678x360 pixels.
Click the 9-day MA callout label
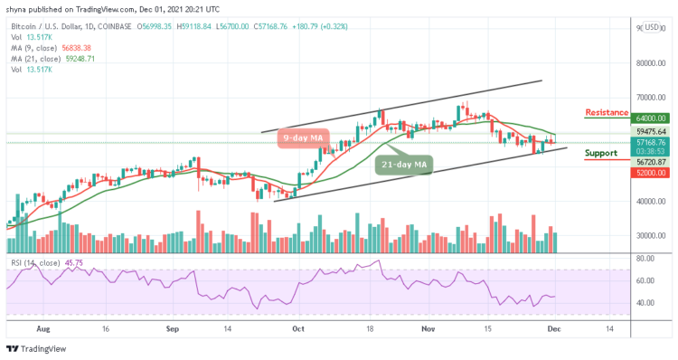[x=303, y=138]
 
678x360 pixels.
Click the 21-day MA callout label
[x=404, y=165]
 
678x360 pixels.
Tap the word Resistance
[x=607, y=112]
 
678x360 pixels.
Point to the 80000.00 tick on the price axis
[x=648, y=63]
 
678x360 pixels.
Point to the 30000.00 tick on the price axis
[x=648, y=235]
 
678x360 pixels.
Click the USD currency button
[x=650, y=27]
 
